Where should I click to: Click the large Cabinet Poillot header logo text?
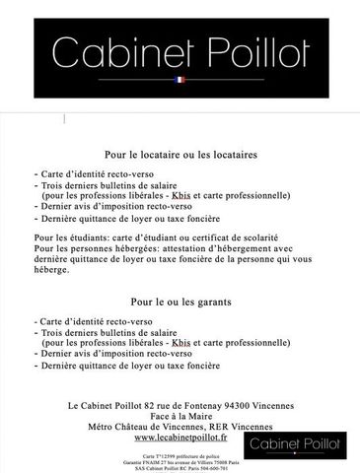180,49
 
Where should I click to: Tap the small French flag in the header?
180,79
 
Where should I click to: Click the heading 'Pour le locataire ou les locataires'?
180,155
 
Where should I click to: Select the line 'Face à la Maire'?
180,415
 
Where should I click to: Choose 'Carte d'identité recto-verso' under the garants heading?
100,322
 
